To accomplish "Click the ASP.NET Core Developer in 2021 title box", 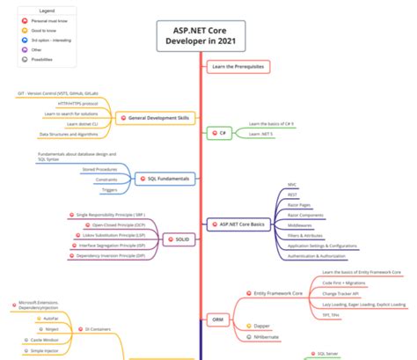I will click(201, 37).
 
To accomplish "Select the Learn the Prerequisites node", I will click(238, 66).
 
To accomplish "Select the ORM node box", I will click(216, 319).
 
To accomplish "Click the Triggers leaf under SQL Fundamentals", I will click(109, 189).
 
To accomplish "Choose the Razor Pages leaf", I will click(299, 204).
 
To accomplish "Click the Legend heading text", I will click(46, 10).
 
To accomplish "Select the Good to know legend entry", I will click(43, 29).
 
